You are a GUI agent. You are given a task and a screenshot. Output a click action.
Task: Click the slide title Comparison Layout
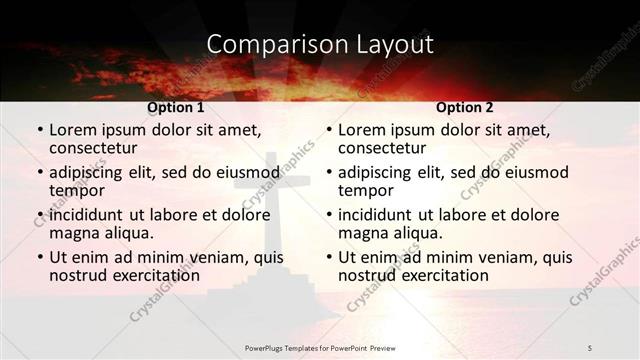coord(320,44)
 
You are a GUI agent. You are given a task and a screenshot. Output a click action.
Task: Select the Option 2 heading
coord(465,107)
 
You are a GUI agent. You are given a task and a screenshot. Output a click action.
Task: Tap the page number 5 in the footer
coord(589,346)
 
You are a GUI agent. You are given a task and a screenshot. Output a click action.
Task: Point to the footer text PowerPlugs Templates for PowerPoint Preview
coord(320,346)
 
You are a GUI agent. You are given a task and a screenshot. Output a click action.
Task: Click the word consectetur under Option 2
coord(384,148)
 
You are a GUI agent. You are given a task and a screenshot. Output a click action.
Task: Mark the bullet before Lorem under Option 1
coord(39,131)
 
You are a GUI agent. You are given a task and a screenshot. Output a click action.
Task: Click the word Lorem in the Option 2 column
coord(362,130)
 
